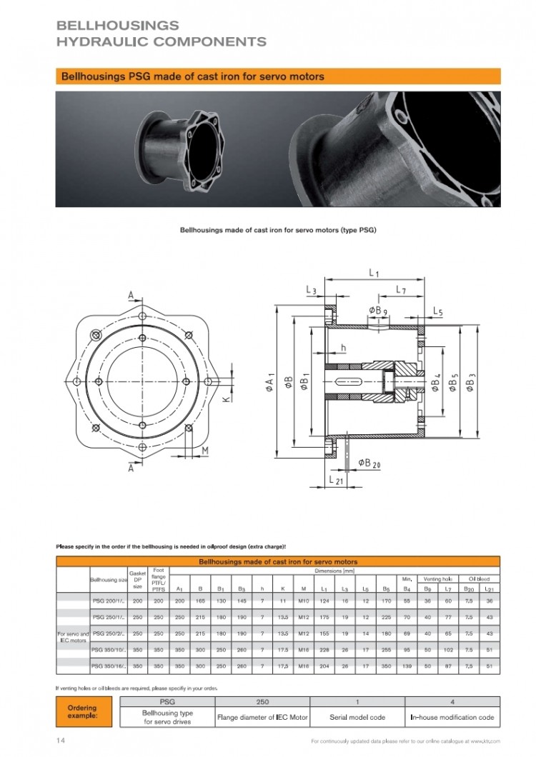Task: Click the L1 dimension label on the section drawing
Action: pyautogui.click(x=374, y=272)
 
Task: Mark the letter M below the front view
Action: pyautogui.click(x=204, y=450)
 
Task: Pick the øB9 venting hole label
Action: pyautogui.click(x=378, y=309)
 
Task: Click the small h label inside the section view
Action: pyautogui.click(x=343, y=348)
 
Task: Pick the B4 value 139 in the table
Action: pyautogui.click(x=407, y=666)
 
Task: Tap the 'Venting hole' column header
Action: pyautogui.click(x=437, y=578)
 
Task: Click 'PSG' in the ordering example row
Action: pyautogui.click(x=169, y=702)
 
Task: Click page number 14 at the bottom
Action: pyautogui.click(x=61, y=741)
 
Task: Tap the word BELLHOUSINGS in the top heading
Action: pyautogui.click(x=117, y=26)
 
